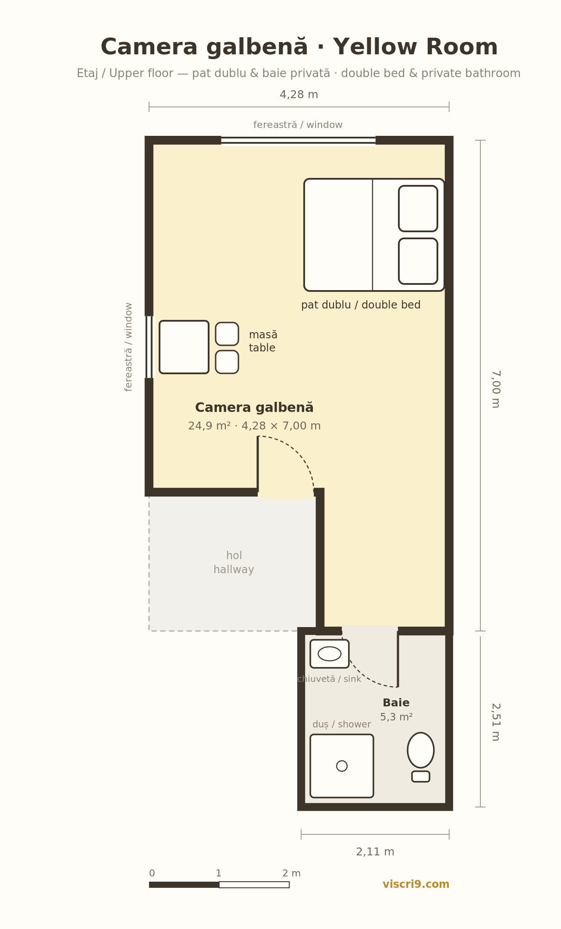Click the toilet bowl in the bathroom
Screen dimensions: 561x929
point(421,750)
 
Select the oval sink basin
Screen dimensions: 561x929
point(330,653)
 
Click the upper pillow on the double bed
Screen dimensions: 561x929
point(418,209)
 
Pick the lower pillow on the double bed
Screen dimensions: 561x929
point(418,261)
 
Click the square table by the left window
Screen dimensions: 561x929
point(184,347)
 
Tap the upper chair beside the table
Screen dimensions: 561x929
point(227,334)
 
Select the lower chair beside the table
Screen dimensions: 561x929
point(227,362)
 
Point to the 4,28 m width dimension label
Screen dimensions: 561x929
point(299,95)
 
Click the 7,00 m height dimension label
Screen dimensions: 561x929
point(496,389)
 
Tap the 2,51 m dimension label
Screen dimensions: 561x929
point(496,722)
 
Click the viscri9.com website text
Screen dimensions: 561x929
point(416,884)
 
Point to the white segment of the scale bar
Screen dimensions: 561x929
point(254,885)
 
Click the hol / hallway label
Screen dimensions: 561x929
point(234,563)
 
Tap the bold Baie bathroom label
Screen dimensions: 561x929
point(396,703)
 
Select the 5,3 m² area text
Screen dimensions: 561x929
point(396,717)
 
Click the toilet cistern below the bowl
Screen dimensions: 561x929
point(421,777)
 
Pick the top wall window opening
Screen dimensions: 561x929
point(298,140)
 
